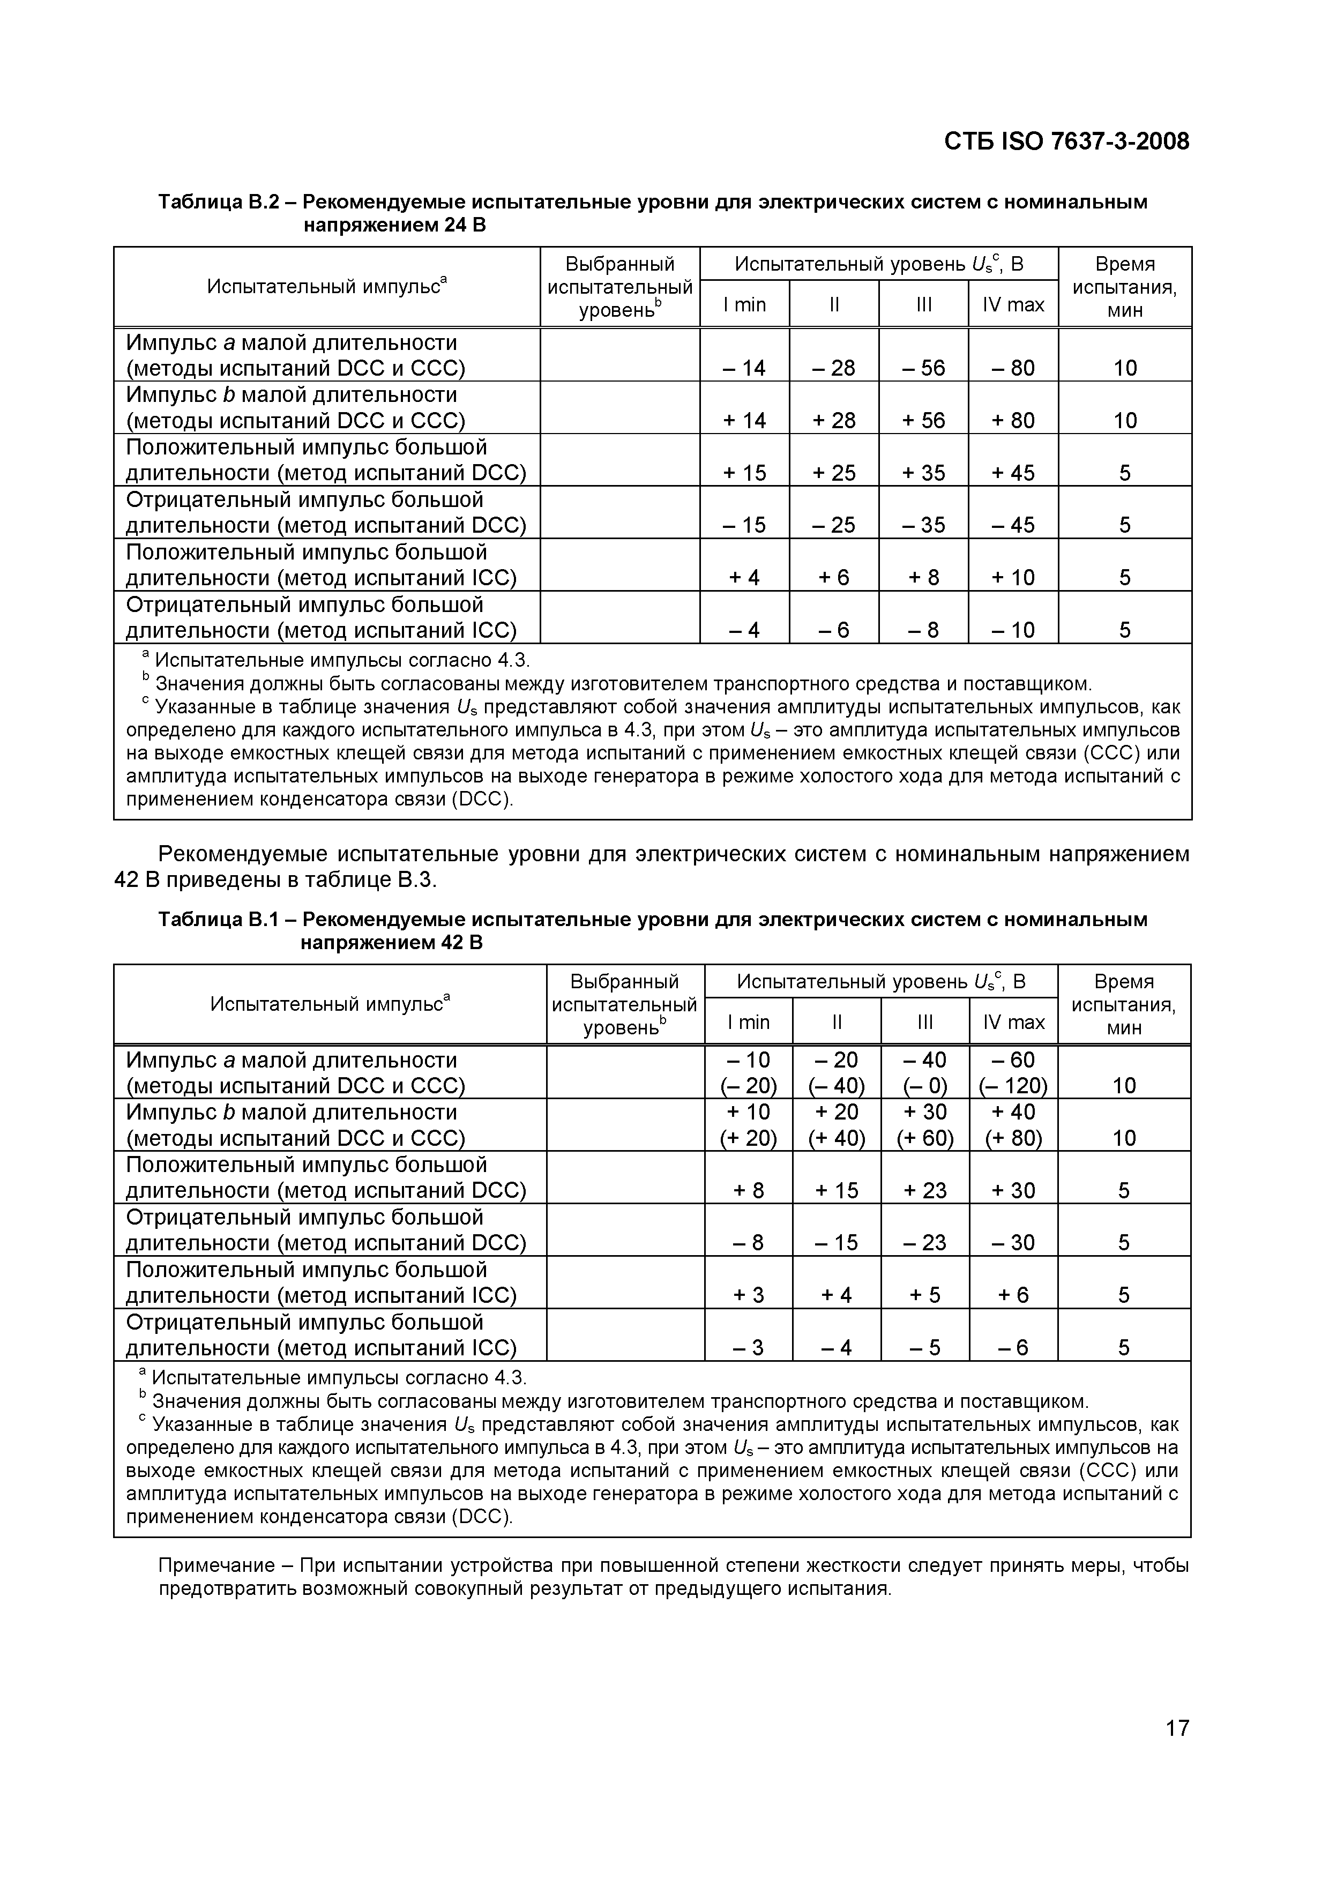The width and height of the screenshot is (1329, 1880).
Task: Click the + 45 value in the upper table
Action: pyautogui.click(x=1013, y=473)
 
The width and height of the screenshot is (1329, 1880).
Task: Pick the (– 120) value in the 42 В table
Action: pyautogui.click(x=1013, y=1086)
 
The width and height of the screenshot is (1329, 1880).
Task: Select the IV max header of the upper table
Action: pyautogui.click(x=1013, y=304)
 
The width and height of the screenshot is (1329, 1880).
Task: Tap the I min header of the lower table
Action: pyautogui.click(x=749, y=1022)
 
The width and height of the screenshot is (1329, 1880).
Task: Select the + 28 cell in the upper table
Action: pyautogui.click(x=834, y=420)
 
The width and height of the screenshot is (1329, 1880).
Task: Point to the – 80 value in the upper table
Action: pyautogui.click(x=1013, y=368)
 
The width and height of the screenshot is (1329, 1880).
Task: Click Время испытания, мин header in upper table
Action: pyautogui.click(x=1124, y=287)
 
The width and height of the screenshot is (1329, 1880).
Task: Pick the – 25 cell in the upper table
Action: pyautogui.click(x=834, y=525)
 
